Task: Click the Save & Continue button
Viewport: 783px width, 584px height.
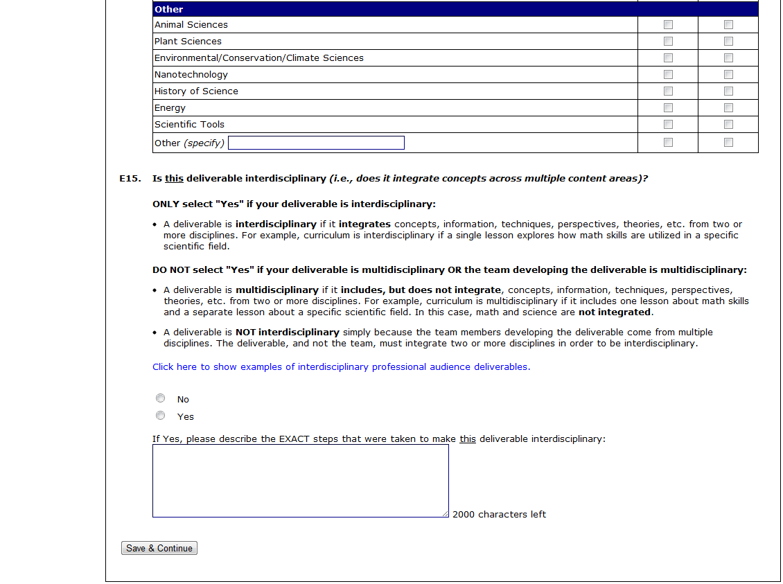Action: (x=159, y=548)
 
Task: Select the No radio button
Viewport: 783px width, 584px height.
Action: (x=161, y=398)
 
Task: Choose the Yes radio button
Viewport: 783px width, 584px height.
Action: (x=161, y=416)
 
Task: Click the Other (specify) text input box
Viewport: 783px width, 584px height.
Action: (x=316, y=143)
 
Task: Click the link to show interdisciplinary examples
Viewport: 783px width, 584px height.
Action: (x=341, y=366)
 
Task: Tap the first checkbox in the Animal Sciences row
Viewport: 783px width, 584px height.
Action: (x=668, y=24)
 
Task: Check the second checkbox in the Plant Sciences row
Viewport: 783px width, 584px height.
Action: (x=728, y=41)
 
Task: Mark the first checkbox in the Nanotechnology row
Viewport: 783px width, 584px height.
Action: (x=668, y=74)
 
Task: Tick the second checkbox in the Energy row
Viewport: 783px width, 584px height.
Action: (x=728, y=107)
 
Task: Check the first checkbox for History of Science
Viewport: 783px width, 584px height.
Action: (x=668, y=91)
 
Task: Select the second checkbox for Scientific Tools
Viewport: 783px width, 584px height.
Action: (x=728, y=124)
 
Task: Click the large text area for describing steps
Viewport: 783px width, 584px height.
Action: (x=300, y=480)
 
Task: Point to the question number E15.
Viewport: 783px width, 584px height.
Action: (x=130, y=179)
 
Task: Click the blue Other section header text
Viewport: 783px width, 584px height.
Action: (x=169, y=9)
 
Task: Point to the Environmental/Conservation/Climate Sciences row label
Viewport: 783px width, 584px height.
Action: (x=258, y=57)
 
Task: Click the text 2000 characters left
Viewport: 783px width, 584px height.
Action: (x=499, y=514)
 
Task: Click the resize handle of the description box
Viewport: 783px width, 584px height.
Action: (x=445, y=513)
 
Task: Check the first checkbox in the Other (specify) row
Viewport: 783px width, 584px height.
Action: (x=668, y=142)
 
